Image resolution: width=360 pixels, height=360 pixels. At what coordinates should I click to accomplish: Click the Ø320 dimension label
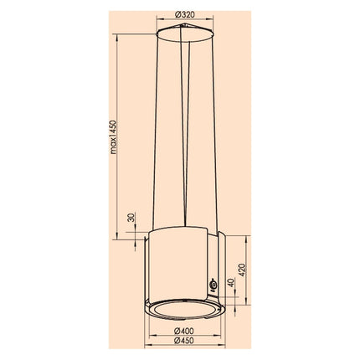pos(185,14)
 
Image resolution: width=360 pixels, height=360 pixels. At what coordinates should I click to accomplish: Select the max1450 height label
pos(113,137)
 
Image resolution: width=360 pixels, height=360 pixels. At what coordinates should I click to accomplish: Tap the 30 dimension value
pos(131,217)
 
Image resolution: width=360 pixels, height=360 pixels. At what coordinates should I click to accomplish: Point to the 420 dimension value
pos(242,270)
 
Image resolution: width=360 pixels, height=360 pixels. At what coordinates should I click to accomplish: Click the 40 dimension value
pos(231,282)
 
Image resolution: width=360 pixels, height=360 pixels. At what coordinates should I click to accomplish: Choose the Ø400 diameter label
pos(184,331)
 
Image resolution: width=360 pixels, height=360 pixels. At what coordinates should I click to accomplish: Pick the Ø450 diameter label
pos(184,341)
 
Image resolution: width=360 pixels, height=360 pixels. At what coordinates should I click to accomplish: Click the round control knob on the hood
pos(213,285)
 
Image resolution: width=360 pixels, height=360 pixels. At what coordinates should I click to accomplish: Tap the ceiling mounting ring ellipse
pos(185,34)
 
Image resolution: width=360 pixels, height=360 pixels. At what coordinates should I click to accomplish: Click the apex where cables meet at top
pos(183,25)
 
